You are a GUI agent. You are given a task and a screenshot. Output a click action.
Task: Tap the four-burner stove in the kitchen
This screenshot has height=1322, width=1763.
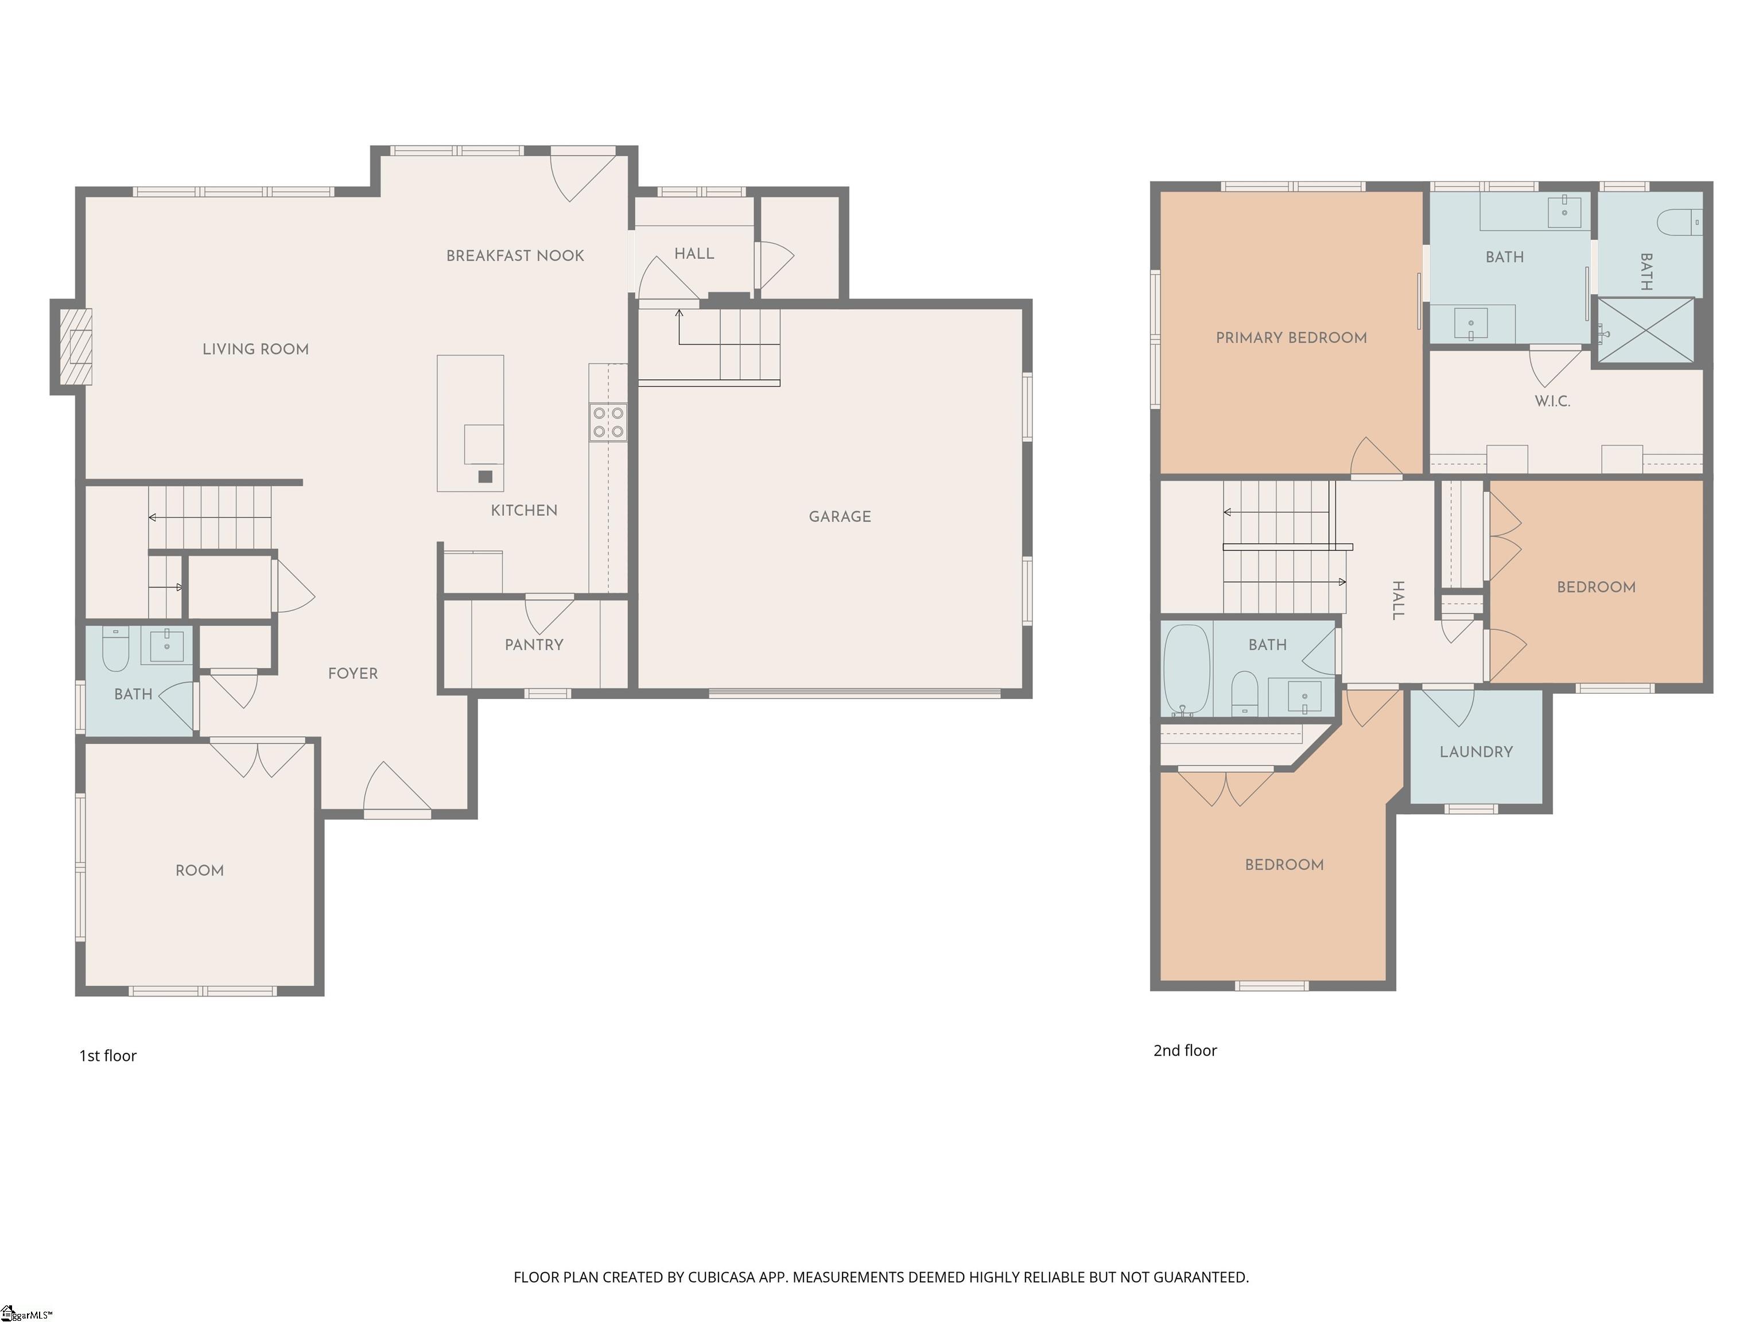(608, 422)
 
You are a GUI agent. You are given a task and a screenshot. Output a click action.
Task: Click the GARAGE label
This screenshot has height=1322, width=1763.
(840, 516)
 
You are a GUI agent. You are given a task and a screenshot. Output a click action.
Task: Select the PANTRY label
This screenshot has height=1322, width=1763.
(534, 645)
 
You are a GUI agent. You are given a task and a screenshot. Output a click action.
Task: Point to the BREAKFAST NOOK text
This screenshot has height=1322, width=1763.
(515, 256)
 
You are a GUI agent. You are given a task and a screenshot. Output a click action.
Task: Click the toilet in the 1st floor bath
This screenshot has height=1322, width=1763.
(115, 650)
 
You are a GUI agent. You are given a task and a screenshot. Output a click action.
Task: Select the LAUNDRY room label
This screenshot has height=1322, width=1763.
(1476, 752)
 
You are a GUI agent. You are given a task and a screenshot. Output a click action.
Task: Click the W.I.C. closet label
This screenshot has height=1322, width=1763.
(1552, 401)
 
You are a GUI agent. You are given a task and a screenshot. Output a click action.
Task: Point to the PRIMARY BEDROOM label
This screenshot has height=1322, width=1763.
(1291, 338)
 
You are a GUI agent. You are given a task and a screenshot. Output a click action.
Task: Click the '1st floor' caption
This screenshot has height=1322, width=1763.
(107, 1056)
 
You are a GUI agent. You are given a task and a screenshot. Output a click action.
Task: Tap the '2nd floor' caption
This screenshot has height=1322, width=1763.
(1185, 1050)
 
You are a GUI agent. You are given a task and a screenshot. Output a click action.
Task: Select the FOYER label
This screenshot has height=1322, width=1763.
(353, 674)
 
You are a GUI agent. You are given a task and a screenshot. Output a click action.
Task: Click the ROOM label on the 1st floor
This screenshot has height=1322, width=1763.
(199, 870)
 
